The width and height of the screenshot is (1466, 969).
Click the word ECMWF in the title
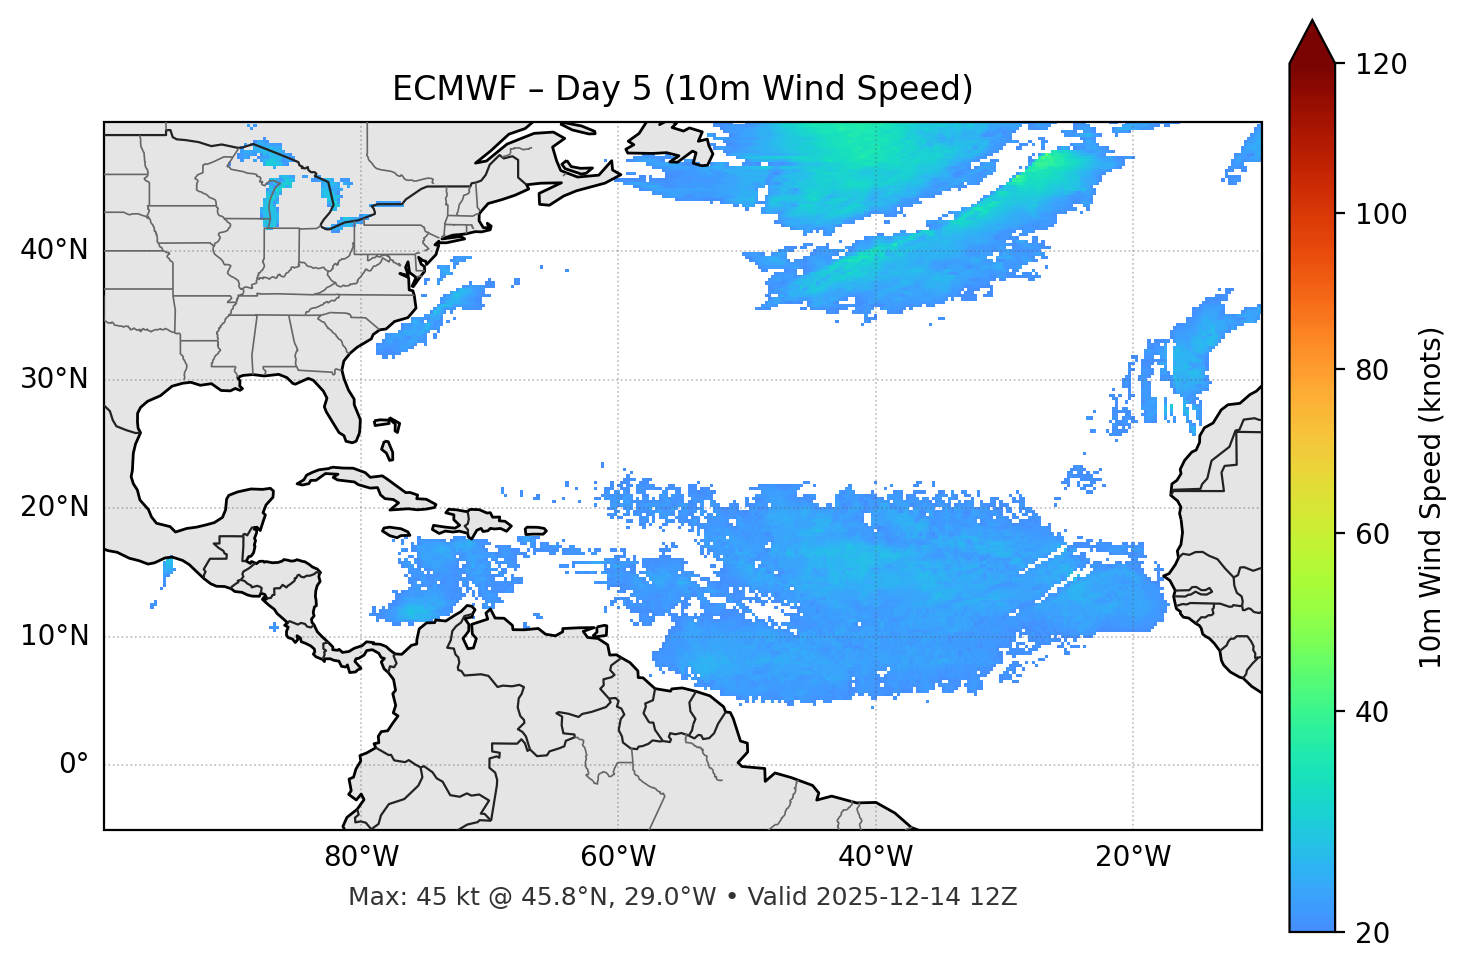click(x=436, y=89)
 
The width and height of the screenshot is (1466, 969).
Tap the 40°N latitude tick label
click(x=54, y=250)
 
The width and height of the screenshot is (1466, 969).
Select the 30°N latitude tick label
click(x=54, y=379)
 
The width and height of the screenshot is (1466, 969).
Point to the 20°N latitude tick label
click(x=54, y=507)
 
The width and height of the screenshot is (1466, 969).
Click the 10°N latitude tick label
click(x=54, y=636)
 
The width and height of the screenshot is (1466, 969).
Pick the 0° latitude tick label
click(x=74, y=765)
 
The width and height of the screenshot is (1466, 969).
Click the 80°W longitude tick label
click(x=361, y=857)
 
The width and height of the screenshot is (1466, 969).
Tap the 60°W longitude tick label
click(x=618, y=857)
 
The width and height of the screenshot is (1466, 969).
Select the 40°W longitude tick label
click(x=876, y=857)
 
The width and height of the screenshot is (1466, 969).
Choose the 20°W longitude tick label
click(x=1133, y=857)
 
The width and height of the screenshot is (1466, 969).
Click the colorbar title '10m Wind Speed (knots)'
click(x=1431, y=497)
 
